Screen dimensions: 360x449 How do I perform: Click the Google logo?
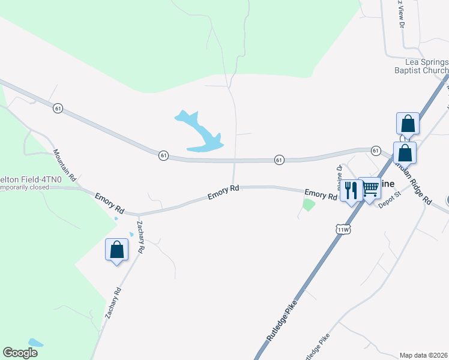click(x=20, y=353)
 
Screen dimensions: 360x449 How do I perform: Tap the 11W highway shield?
click(x=343, y=229)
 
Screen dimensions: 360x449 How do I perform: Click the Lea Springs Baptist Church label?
click(x=426, y=66)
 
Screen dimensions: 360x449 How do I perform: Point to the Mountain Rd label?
click(x=65, y=166)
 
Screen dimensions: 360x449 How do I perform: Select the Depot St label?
click(x=389, y=203)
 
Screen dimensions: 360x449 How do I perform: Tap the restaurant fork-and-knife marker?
click(x=350, y=191)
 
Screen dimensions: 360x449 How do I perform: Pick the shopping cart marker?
click(x=370, y=188)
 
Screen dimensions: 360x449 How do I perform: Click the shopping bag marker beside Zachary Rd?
click(x=116, y=250)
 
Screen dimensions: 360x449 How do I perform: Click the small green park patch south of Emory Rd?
click(x=309, y=205)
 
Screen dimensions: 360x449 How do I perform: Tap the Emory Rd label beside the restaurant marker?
click(x=320, y=194)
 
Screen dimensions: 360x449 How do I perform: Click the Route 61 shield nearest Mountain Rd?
click(x=58, y=108)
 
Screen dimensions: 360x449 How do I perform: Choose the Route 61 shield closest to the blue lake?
click(x=163, y=155)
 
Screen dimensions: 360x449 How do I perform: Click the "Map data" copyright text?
click(x=424, y=355)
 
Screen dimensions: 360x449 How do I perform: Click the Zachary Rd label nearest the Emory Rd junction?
click(x=140, y=238)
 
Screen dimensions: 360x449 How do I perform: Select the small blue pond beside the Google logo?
click(x=35, y=343)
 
